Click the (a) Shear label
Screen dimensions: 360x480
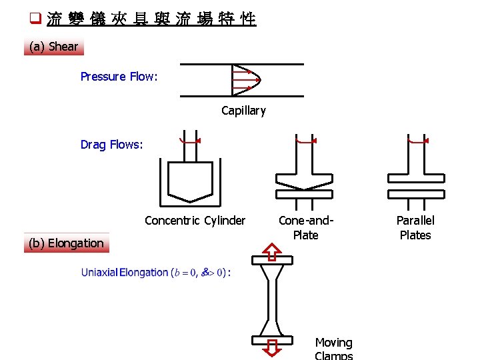54,47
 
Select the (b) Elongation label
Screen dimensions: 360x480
66,243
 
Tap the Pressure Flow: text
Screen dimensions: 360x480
119,77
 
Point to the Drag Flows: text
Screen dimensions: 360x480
111,145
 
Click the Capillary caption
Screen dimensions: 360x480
243,111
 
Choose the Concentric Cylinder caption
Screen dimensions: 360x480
195,221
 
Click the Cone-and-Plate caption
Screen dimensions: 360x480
305,227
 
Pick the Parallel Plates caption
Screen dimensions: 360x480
415,227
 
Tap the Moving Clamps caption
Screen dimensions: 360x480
333,348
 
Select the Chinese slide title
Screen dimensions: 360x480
151,19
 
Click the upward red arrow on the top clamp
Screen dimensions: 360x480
272,251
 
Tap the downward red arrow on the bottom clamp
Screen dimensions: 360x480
272,349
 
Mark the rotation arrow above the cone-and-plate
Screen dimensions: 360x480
305,141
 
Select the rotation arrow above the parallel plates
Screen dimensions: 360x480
417,141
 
